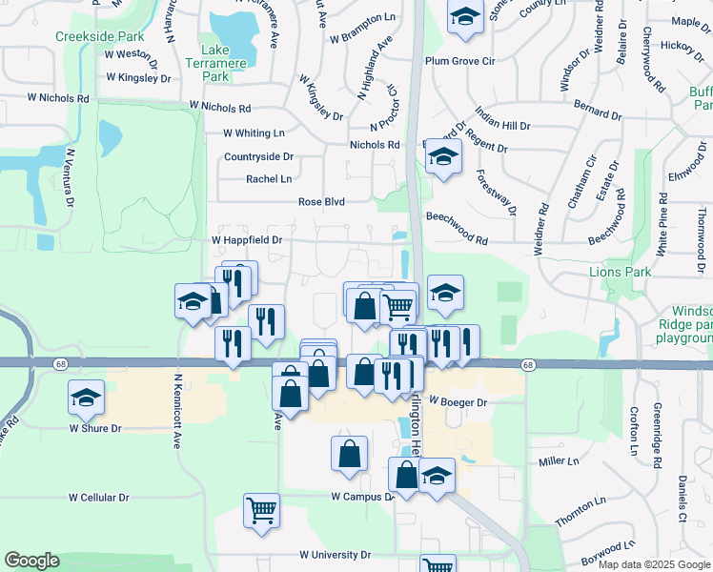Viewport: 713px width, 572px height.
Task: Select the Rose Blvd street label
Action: coord(320,202)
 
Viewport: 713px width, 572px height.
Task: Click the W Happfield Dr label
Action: coord(246,240)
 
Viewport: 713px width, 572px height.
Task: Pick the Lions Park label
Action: coord(620,272)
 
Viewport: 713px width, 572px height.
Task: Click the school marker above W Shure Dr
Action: coord(87,397)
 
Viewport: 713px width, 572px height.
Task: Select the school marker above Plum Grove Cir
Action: coord(464,18)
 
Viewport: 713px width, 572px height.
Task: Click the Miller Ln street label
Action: coord(559,461)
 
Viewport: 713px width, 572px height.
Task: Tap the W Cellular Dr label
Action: coord(99,498)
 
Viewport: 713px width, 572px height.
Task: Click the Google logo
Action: coord(31,561)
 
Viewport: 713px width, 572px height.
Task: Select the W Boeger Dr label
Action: coord(458,402)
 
